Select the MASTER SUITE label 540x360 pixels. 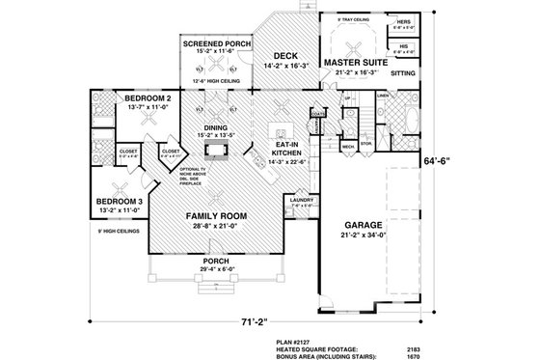(355, 61)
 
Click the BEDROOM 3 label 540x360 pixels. (121, 200)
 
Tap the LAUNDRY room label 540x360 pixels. (301, 199)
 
